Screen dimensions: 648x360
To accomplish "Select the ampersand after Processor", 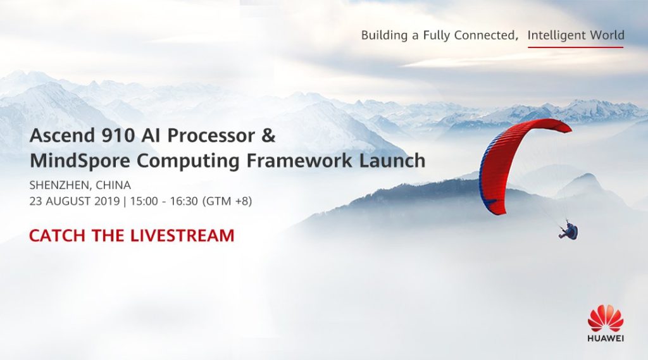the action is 268,135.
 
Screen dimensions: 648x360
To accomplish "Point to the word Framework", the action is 299,160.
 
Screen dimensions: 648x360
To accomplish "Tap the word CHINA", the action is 113,185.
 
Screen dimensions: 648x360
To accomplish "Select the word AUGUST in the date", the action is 68,201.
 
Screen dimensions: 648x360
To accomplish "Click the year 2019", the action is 107,201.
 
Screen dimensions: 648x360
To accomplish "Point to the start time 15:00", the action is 144,201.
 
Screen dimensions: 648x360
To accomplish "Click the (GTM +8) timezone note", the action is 227,201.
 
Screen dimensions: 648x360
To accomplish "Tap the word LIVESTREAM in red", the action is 182,235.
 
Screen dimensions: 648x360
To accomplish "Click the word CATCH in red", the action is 57,235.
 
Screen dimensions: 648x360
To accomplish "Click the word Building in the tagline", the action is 385,35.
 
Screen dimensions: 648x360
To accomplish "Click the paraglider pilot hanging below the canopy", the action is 569,232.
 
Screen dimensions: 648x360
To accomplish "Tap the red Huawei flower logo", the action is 606,318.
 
